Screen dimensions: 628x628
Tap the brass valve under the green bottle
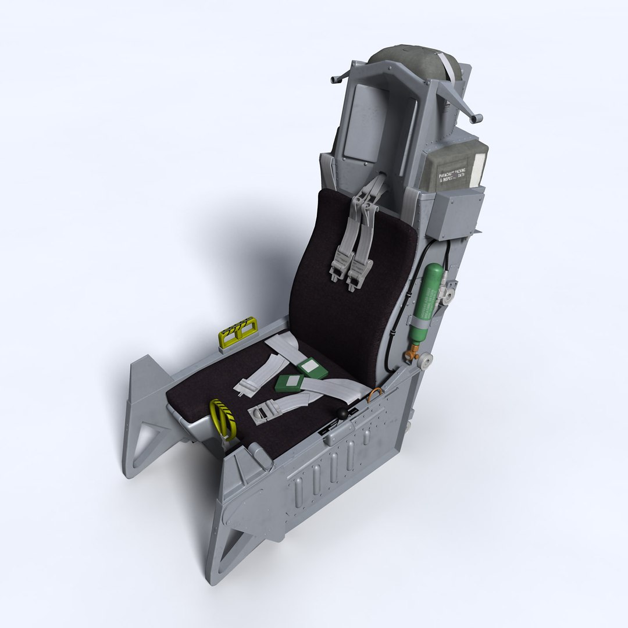(x=415, y=350)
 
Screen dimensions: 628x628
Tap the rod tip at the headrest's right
(x=478, y=119)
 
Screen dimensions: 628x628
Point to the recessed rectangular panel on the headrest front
(x=361, y=122)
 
